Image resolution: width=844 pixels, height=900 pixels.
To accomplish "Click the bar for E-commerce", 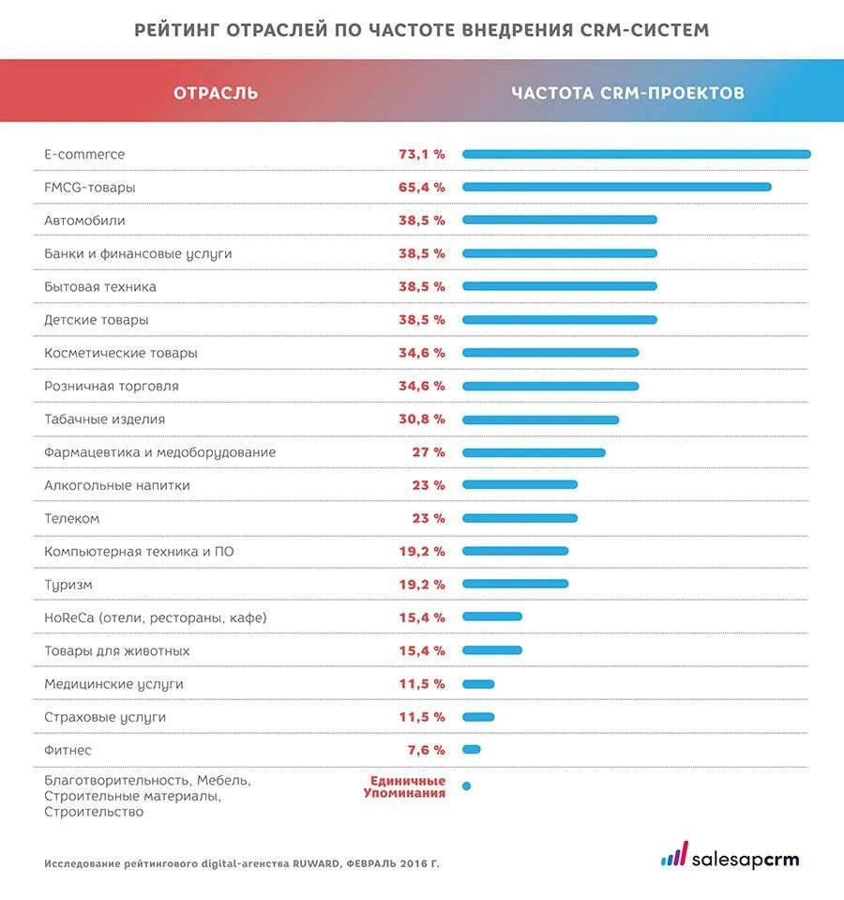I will pyautogui.click(x=636, y=154).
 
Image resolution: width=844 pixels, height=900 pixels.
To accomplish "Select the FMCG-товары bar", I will pyautogui.click(x=616, y=187).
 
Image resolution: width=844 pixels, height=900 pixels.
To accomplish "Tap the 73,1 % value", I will pyautogui.click(x=421, y=154).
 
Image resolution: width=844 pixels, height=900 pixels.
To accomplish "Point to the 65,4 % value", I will pyautogui.click(x=421, y=187).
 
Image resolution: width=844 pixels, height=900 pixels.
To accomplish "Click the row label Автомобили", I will pyautogui.click(x=84, y=221).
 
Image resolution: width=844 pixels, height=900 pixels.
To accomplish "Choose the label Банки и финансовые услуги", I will pyautogui.click(x=138, y=253).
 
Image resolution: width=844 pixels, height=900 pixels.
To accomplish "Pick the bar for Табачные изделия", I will pyautogui.click(x=540, y=419).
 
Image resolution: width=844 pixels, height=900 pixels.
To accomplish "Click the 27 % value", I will pyautogui.click(x=429, y=452).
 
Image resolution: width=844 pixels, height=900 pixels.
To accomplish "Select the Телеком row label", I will pyautogui.click(x=71, y=518).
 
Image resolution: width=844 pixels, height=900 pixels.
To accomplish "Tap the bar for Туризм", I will pyautogui.click(x=515, y=584).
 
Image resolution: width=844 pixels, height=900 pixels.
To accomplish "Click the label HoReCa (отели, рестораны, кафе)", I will pyautogui.click(x=155, y=618).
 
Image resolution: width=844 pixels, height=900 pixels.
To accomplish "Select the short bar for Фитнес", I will pyautogui.click(x=471, y=749).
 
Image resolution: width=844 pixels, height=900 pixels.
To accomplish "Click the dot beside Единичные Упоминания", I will pyautogui.click(x=466, y=786).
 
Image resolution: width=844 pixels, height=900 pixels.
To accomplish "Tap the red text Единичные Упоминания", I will pyautogui.click(x=405, y=786).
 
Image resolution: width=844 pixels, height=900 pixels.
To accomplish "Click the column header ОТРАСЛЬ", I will pyautogui.click(x=216, y=93).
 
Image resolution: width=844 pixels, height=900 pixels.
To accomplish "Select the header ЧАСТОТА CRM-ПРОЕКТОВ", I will pyautogui.click(x=628, y=93).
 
